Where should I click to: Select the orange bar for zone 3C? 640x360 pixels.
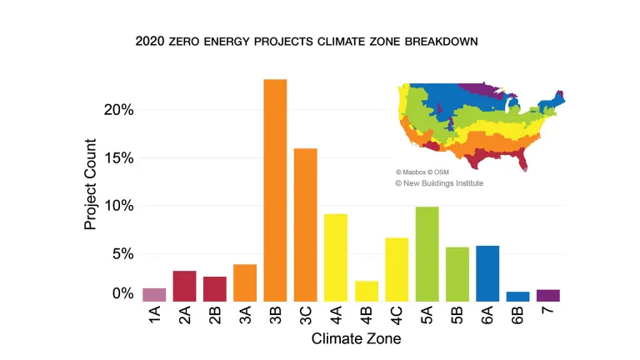tap(306, 225)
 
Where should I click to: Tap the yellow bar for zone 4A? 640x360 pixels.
tap(336, 257)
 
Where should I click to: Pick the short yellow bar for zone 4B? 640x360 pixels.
tap(366, 291)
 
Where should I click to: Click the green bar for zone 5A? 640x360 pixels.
tap(427, 254)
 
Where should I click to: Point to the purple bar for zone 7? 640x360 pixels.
tap(547, 295)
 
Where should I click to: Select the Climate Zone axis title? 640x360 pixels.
tap(356, 339)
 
